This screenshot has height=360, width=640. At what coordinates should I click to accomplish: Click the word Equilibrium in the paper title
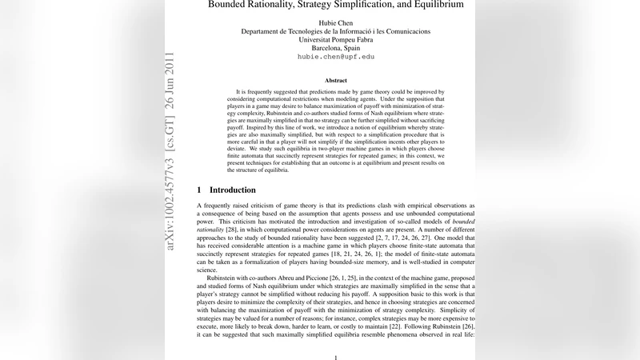(436, 5)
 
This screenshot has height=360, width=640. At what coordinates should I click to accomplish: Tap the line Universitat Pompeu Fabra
(336, 39)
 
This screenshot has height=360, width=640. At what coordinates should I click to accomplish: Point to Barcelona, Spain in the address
(336, 48)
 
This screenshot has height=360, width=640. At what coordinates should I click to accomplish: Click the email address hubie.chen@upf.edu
(336, 58)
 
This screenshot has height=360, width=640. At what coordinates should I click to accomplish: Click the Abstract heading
(336, 81)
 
